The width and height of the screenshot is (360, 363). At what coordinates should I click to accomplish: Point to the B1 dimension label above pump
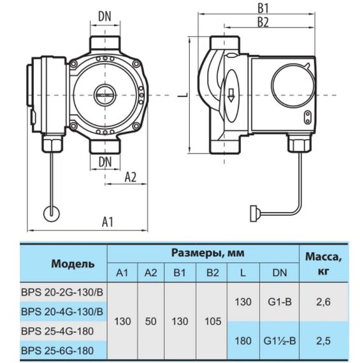click(x=263, y=9)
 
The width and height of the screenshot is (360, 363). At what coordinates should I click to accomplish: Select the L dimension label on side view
click(x=182, y=95)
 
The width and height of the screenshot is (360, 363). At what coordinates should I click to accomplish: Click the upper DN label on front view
click(x=107, y=16)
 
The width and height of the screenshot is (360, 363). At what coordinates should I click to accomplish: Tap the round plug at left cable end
click(x=50, y=213)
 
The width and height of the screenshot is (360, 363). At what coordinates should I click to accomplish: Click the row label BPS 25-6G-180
click(x=57, y=350)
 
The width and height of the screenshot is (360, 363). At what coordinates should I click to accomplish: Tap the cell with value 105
click(x=212, y=322)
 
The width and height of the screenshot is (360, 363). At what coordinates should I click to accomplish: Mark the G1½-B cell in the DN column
click(x=279, y=341)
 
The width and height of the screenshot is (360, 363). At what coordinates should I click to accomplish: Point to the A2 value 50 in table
click(x=150, y=322)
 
